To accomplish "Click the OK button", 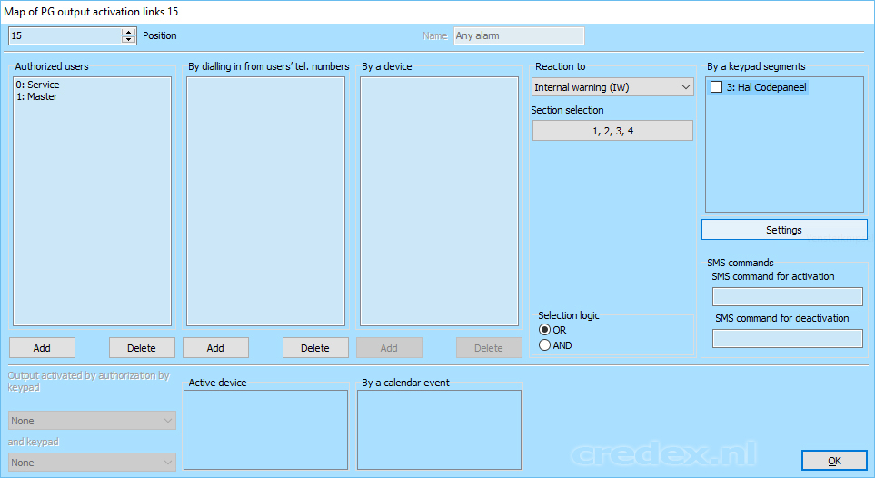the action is tap(834, 461).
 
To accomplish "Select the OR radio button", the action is tap(544, 330).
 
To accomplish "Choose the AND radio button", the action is tap(544, 345).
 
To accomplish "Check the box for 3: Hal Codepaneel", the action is tap(717, 87).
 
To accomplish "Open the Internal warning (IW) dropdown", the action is tap(612, 87).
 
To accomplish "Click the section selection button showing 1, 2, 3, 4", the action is tap(612, 131).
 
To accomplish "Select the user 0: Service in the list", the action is tap(37, 85).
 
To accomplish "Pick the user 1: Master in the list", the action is tap(36, 96).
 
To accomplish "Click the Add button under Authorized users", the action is tap(42, 348).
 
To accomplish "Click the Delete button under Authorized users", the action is tap(142, 348).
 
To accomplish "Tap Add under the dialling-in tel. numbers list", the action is tap(215, 348).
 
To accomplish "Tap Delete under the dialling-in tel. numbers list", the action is tap(315, 348).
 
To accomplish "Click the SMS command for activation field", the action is tap(788, 296).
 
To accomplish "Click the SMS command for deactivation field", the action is tap(788, 338).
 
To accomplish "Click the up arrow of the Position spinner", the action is tap(129, 32).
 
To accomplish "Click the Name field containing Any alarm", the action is tap(519, 35).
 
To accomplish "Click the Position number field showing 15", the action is tap(65, 35).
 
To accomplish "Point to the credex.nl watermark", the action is tap(663, 454).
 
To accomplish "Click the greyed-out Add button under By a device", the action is tap(389, 348).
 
